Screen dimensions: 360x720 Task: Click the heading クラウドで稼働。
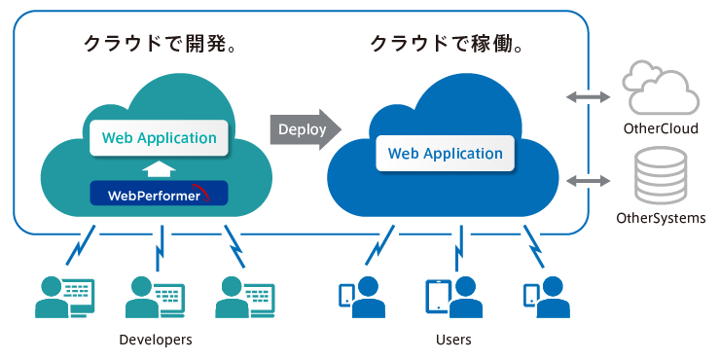(449, 45)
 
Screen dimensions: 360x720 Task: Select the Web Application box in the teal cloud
(160, 138)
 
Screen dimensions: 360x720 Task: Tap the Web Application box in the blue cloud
(446, 153)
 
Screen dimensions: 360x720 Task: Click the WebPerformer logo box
(159, 194)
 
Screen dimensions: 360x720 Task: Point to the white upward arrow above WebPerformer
(159, 167)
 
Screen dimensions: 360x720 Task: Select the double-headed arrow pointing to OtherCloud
(589, 96)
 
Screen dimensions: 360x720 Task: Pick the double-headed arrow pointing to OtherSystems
(589, 181)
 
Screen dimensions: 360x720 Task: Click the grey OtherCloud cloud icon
(662, 89)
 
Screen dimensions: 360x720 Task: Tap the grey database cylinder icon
(661, 176)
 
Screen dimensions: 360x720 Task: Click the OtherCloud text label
(661, 128)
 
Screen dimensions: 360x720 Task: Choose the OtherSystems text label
(661, 218)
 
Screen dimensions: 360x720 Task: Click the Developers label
(155, 340)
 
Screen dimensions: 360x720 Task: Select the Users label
(453, 340)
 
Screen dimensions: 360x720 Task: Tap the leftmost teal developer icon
(64, 297)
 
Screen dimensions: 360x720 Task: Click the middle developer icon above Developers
(155, 297)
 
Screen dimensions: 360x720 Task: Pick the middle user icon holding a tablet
(452, 297)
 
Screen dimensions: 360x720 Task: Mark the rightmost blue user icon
(546, 297)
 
